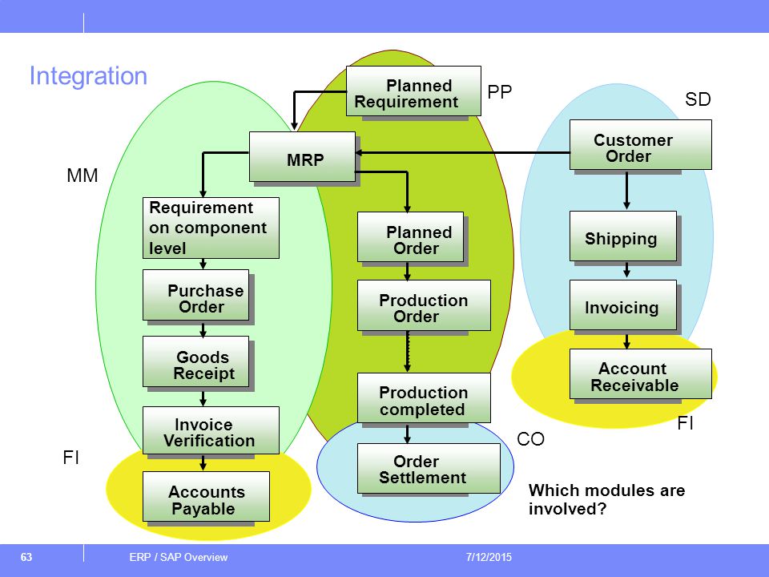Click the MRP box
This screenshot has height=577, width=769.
pos(302,156)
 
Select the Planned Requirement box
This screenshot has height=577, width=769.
pos(413,91)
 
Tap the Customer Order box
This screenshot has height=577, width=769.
pos(641,145)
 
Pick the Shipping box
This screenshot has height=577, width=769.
pos(623,236)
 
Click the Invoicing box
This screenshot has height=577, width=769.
pos(623,305)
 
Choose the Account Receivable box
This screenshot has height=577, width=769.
pos(641,374)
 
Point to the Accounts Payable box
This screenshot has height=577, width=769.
pos(206,497)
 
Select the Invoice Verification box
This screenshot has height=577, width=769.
pos(211,430)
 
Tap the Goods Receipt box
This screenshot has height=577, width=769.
pos(195,361)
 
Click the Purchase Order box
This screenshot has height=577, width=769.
pos(195,295)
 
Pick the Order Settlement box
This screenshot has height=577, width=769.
pos(429,469)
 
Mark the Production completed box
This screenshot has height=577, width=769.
pos(424,398)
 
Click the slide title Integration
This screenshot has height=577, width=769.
pos(88,76)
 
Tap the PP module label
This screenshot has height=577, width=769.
pos(499,91)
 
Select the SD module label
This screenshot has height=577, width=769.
pos(698,99)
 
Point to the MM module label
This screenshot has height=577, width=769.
pos(83,176)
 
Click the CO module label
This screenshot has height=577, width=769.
pos(530,438)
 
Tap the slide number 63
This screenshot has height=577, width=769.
pos(26,557)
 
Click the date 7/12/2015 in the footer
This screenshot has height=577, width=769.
pos(489,557)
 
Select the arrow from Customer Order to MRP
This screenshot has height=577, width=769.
pos(462,152)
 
